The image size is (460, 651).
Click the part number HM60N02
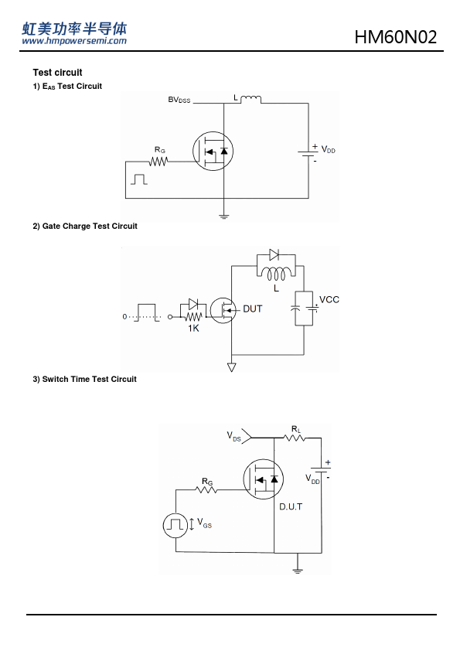(x=396, y=37)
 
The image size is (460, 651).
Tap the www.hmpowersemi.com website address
(x=74, y=41)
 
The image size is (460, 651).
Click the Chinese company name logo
(x=74, y=29)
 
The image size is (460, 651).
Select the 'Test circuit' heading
(x=58, y=73)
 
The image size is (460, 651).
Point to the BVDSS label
(x=179, y=100)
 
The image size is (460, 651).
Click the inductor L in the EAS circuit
(x=250, y=99)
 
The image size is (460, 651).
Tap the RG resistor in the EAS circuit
(x=158, y=161)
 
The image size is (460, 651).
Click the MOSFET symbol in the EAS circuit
(x=213, y=151)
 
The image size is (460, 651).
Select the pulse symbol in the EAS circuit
(x=139, y=179)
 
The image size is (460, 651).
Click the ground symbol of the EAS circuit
(x=223, y=216)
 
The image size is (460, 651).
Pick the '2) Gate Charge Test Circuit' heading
(x=85, y=227)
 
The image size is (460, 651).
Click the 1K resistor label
(x=193, y=329)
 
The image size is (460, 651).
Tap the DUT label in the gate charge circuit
(x=252, y=309)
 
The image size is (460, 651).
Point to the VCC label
(x=329, y=300)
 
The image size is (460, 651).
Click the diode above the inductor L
(x=274, y=254)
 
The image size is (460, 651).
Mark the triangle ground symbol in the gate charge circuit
(x=232, y=367)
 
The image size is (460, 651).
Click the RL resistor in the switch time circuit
(x=295, y=438)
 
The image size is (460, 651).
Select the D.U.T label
(x=291, y=506)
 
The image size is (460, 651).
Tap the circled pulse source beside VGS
(x=175, y=526)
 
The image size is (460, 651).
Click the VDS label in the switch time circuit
(x=233, y=436)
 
